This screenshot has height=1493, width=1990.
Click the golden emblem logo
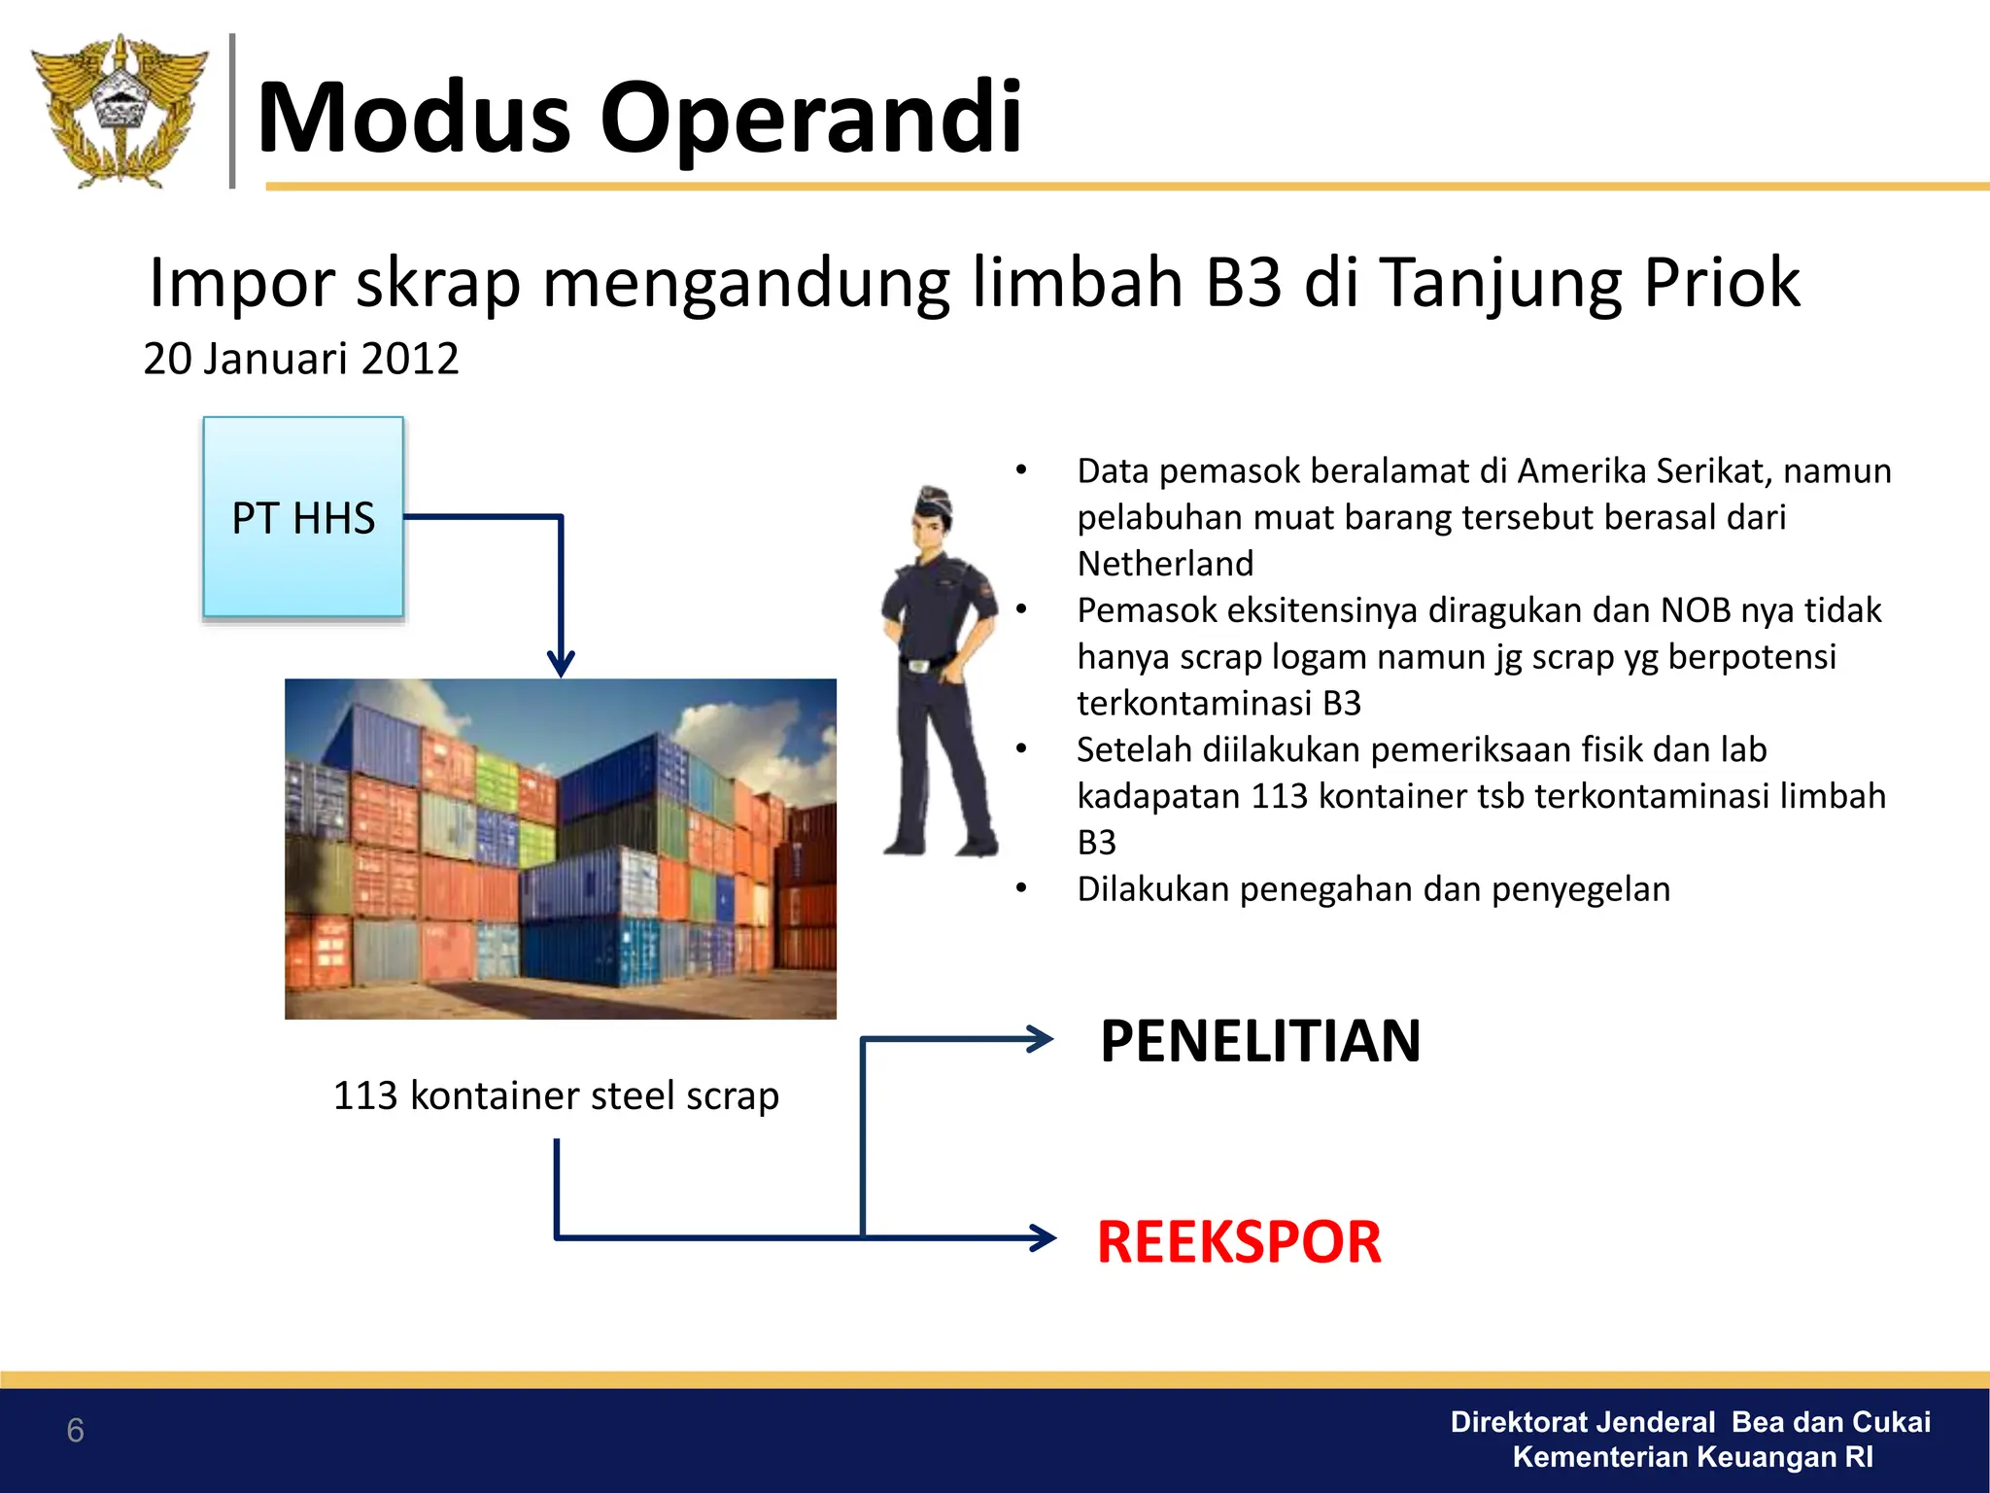[119, 110]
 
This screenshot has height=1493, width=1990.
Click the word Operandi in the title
[810, 118]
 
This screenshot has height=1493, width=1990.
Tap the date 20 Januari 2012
[300, 359]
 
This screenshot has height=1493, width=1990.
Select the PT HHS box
[303, 517]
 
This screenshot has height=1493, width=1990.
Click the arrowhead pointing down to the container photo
[561, 665]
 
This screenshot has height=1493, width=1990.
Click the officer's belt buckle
[918, 665]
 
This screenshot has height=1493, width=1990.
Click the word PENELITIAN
[1260, 1041]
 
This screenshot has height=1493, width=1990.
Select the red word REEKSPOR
[1239, 1242]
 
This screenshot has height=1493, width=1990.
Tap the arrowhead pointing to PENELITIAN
[1043, 1039]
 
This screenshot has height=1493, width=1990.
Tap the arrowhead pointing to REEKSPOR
[1045, 1237]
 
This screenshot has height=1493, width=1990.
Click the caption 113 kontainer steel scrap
[556, 1095]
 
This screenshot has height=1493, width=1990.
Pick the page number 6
[75, 1431]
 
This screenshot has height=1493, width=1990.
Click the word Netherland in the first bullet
[1165, 564]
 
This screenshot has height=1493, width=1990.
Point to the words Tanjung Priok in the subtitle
[1590, 283]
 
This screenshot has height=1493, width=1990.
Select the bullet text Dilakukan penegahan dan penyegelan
[1373, 889]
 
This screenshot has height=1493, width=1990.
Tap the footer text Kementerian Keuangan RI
[1693, 1457]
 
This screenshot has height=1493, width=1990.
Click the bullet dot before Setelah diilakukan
[1021, 749]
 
